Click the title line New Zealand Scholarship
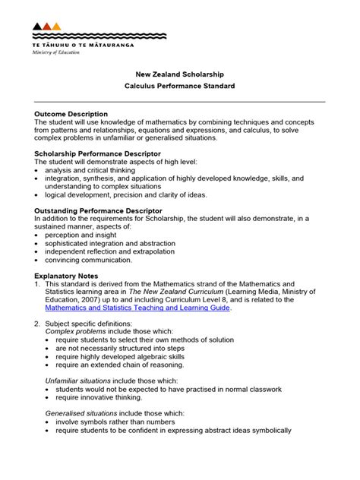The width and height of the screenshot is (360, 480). (180, 74)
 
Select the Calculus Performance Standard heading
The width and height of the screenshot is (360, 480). (180, 87)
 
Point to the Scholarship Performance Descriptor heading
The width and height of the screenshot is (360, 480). (97, 153)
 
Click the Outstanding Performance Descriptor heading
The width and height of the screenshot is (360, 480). (98, 210)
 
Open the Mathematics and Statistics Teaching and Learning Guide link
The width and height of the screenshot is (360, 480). (138, 308)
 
